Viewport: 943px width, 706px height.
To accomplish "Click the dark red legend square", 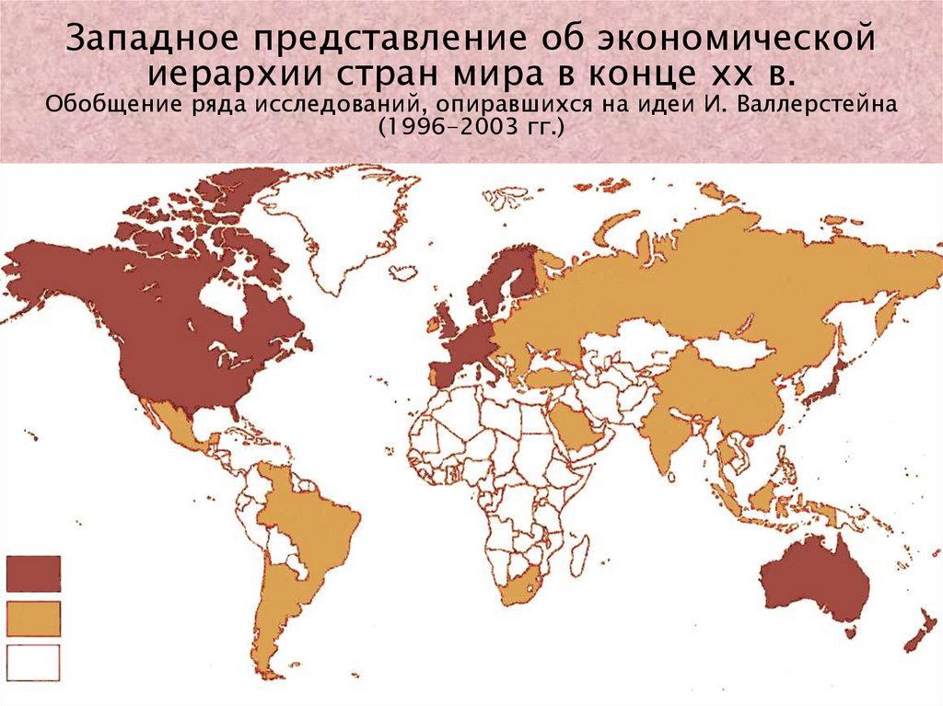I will click(x=33, y=573).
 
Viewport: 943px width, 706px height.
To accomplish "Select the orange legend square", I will click(x=33, y=619).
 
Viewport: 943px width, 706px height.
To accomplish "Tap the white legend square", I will click(x=33, y=663).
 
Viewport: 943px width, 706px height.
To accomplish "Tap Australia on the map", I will click(x=810, y=580).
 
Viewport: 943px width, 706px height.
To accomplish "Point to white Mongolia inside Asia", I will click(x=732, y=349).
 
